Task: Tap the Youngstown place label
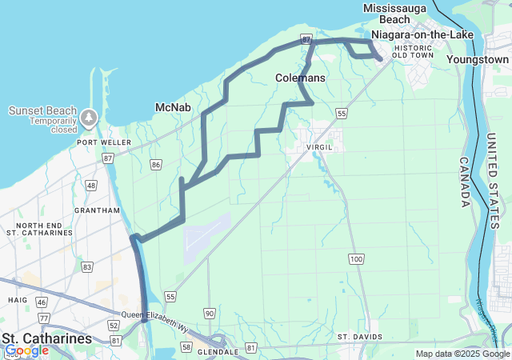[478, 59]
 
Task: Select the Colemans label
[300, 78]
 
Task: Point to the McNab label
[172, 107]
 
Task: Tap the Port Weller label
[98, 142]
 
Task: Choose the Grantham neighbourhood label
[100, 210]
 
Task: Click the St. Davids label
[360, 337]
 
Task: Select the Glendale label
[218, 351]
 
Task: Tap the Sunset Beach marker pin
[88, 118]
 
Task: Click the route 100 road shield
[356, 258]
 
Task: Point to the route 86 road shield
[155, 165]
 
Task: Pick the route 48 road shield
[91, 186]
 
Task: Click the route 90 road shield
[209, 313]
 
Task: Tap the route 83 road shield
[87, 266]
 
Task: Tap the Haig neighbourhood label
[18, 300]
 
